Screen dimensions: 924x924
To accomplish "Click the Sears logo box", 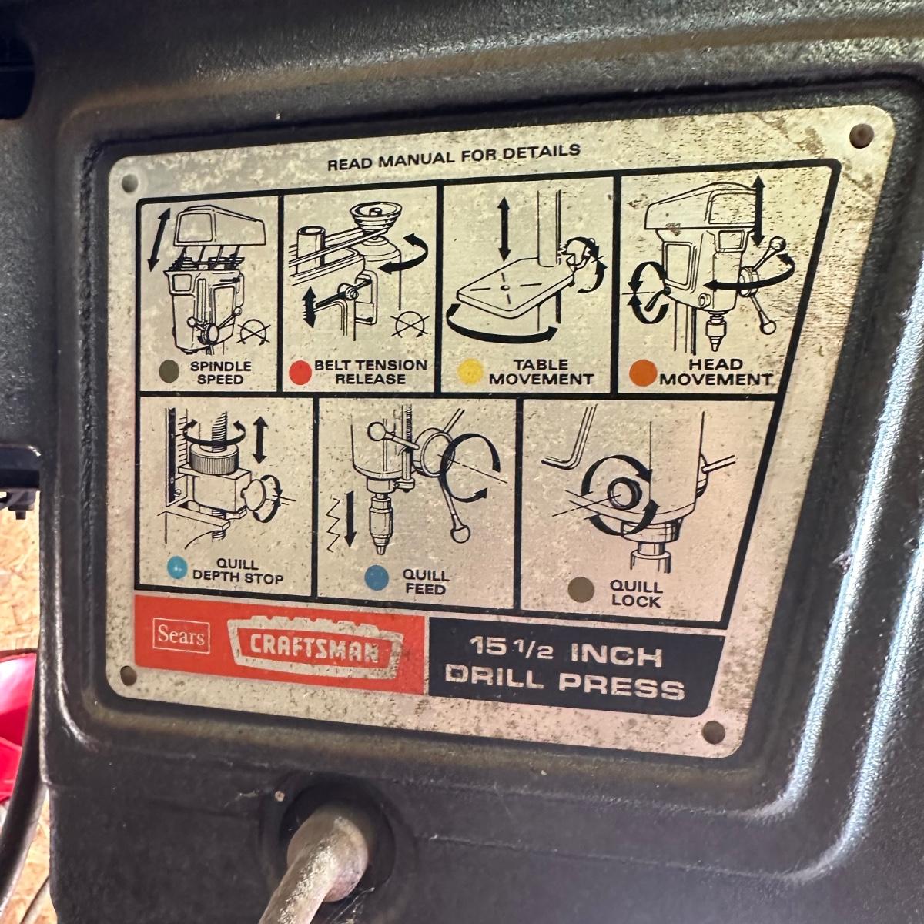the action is point(181,637).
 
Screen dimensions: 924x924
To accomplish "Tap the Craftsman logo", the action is point(315,649).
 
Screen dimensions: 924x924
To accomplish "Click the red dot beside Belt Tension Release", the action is point(300,373).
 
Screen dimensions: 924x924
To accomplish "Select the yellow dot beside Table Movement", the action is point(470,372).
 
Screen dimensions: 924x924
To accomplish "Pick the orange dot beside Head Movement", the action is point(643,373).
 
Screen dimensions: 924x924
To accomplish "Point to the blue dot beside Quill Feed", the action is point(377,577).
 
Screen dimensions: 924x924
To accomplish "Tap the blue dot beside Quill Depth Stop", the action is point(177,567).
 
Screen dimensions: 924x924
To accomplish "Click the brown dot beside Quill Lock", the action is point(581,590).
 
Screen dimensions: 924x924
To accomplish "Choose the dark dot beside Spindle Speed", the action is point(169,371).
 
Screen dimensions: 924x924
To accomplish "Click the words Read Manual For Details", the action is point(454,157).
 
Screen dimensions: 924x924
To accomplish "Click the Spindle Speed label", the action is point(220,373).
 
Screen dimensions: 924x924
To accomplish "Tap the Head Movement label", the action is point(716,372).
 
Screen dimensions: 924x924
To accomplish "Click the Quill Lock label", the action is point(636,594).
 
